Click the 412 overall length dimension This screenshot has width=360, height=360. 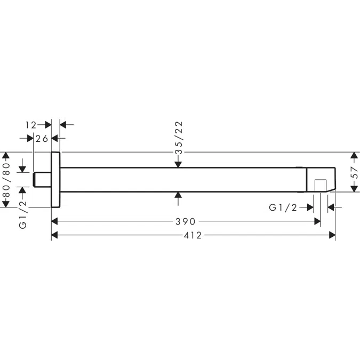coord(193,235)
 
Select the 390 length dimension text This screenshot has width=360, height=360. coord(186,221)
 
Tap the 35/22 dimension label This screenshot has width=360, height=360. coord(179,138)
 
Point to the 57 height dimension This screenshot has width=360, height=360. coord(355,173)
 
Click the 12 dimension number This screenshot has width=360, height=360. coord(31,125)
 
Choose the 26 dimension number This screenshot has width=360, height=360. coord(42,139)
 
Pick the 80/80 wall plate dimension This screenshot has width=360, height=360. coord(6,180)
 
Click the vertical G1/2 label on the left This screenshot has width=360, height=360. coord(23,214)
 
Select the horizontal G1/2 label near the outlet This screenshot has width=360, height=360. coord(283,207)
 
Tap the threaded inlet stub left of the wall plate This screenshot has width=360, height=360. coord(43,179)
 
